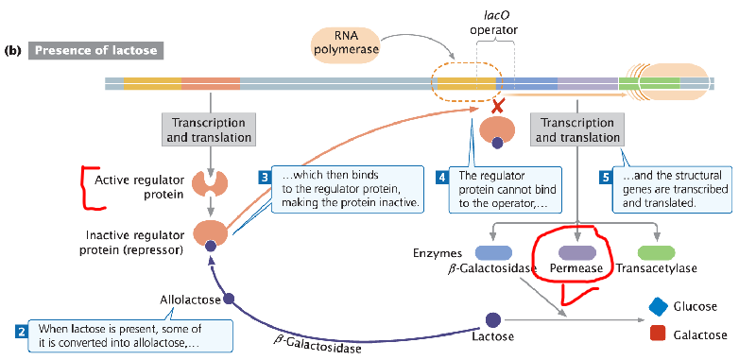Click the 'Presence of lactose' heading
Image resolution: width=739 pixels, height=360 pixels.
(x=95, y=49)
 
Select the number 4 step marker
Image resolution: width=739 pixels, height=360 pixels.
(x=442, y=176)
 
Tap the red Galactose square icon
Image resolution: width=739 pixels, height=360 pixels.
(x=660, y=334)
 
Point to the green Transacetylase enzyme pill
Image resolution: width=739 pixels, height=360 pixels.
(x=655, y=252)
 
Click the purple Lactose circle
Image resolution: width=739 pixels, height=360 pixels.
(x=492, y=321)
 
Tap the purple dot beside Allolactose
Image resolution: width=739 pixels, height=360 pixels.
(x=229, y=299)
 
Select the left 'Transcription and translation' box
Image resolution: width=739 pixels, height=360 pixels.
(x=209, y=129)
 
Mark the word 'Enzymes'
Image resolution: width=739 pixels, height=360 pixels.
(x=437, y=252)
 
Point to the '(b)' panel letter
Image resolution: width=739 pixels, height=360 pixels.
(x=13, y=49)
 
